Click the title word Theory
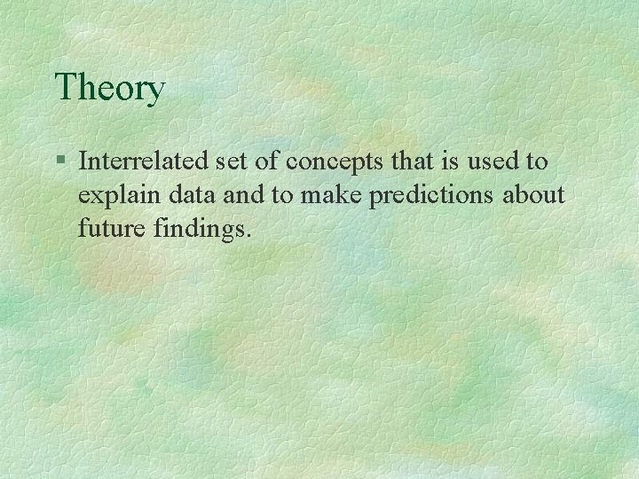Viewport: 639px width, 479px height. click(110, 89)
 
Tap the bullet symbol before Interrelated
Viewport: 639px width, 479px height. click(59, 161)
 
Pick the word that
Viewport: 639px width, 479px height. click(406, 161)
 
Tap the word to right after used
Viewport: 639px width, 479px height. click(538, 161)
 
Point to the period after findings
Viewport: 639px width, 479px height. click(250, 237)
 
